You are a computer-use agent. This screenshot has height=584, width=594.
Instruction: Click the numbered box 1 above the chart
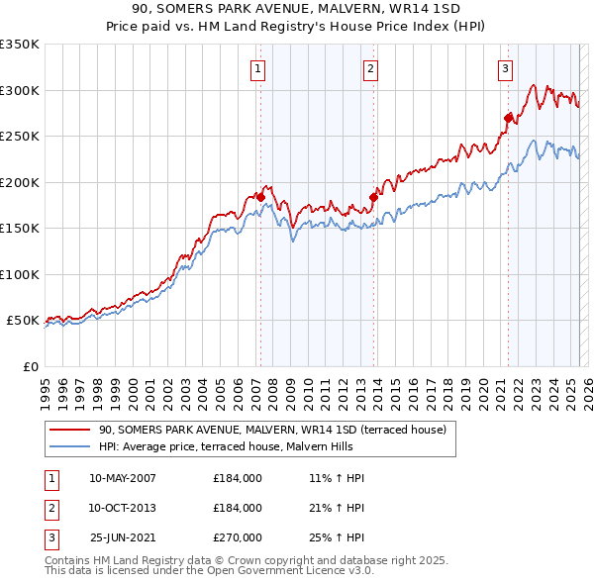[257, 69]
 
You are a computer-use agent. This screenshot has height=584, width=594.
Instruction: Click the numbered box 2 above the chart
[370, 69]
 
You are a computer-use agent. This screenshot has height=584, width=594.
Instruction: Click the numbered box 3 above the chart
[505, 69]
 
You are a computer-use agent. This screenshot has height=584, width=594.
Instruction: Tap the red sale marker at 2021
[508, 118]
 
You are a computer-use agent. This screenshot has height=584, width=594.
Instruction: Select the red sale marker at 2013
[374, 197]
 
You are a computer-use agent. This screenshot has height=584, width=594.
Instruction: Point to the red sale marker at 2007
[260, 197]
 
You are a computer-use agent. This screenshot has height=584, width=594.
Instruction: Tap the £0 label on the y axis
[29, 366]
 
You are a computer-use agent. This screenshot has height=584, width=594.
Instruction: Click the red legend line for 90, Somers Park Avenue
[69, 431]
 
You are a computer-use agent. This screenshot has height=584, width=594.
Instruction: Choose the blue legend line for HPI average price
[69, 446]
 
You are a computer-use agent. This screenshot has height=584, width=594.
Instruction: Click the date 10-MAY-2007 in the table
[123, 478]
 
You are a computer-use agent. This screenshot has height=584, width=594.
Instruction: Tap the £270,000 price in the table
[238, 537]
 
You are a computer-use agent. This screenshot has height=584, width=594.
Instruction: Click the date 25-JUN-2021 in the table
[123, 537]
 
